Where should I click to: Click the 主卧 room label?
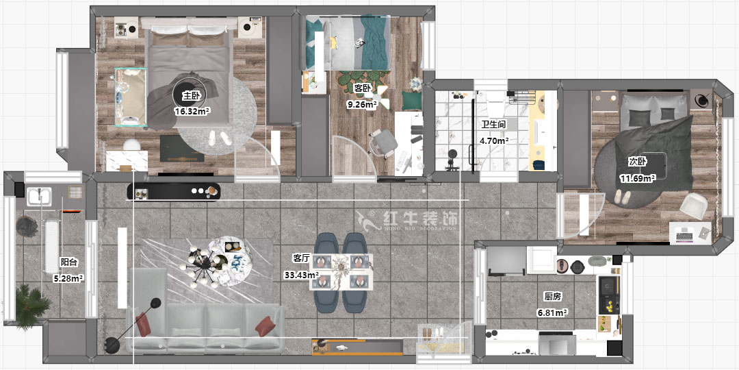click(x=192, y=97)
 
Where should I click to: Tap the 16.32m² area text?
click(x=192, y=110)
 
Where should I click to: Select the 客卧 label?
click(x=363, y=88)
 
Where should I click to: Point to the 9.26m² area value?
click(x=363, y=105)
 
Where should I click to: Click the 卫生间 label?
click(x=493, y=125)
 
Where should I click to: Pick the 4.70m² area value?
click(x=493, y=140)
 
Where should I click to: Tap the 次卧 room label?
click(x=638, y=162)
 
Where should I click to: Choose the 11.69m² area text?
click(x=638, y=178)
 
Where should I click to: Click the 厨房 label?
click(x=553, y=297)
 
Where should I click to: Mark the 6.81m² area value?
click(x=553, y=312)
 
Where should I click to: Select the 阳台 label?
click(x=68, y=262)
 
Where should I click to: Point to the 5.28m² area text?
click(x=68, y=278)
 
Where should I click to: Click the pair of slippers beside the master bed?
click(x=219, y=138)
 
